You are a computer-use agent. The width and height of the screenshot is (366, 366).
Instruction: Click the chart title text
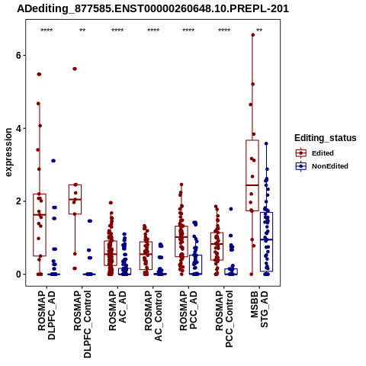152,9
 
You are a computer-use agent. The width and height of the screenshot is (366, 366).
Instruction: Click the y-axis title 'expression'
8,152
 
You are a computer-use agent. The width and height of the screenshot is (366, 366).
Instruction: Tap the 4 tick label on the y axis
18,128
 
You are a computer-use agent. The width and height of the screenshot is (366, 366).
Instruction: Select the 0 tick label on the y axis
18,274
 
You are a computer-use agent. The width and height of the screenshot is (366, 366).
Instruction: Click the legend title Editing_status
326,138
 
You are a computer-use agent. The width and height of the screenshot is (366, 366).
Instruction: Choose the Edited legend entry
323,153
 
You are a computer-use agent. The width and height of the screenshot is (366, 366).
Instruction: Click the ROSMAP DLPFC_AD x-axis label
47,315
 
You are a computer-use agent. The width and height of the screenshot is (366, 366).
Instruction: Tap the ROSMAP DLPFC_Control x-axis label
82,324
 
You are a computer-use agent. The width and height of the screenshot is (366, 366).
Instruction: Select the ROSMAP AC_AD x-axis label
117,310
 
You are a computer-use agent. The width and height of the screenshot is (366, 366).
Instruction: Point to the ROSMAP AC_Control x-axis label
153,316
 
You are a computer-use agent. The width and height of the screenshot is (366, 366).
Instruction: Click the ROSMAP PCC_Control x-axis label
224,319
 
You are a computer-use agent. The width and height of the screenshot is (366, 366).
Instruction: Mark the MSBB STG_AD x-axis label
259,309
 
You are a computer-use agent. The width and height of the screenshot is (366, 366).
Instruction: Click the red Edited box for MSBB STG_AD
252,175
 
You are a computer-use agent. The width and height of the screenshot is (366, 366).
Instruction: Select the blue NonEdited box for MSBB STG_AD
266,242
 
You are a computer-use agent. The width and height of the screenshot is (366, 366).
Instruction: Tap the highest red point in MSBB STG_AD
253,35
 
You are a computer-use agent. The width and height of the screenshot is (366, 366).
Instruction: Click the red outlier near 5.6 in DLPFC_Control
75,69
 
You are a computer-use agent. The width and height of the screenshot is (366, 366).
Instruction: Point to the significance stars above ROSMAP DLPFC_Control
82,30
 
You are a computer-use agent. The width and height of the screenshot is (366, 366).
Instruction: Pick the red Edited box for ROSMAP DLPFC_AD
40,225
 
